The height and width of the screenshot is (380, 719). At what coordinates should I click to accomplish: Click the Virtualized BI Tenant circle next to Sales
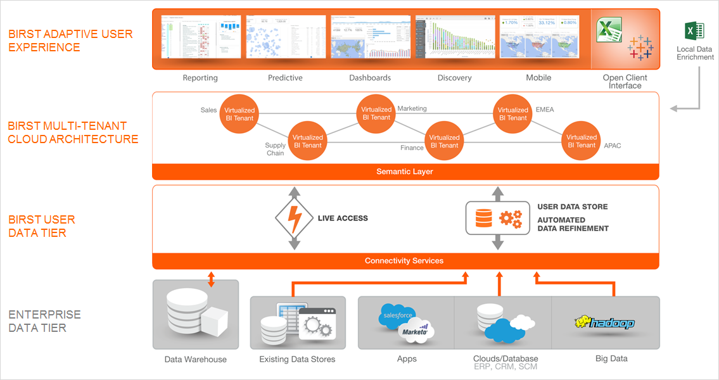(x=239, y=115)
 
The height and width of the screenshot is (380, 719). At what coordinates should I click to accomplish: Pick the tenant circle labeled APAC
(x=581, y=141)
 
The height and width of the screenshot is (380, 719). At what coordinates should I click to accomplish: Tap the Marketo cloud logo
(x=415, y=331)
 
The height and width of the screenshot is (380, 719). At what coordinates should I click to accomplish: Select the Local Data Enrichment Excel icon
(x=694, y=31)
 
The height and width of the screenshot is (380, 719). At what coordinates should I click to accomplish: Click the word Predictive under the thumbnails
(x=285, y=78)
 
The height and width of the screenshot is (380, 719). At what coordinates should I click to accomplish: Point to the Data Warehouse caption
(x=195, y=360)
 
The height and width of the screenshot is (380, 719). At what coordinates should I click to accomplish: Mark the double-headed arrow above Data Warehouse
(x=212, y=280)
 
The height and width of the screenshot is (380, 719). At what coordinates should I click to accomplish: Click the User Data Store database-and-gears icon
(x=497, y=218)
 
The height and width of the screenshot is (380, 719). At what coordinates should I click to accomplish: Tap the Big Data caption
(x=611, y=358)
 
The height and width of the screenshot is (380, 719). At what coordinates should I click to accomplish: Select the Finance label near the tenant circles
(x=412, y=148)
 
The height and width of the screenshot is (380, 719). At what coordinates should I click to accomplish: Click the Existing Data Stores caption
(x=297, y=360)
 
